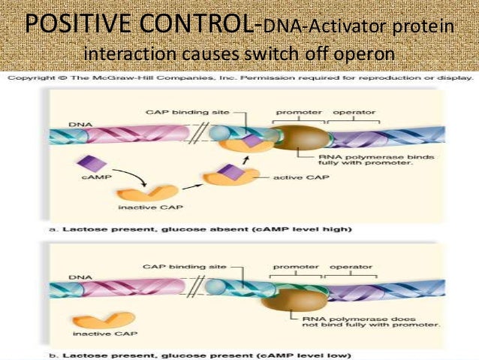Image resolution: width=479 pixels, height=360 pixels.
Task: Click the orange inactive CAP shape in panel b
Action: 108,318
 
